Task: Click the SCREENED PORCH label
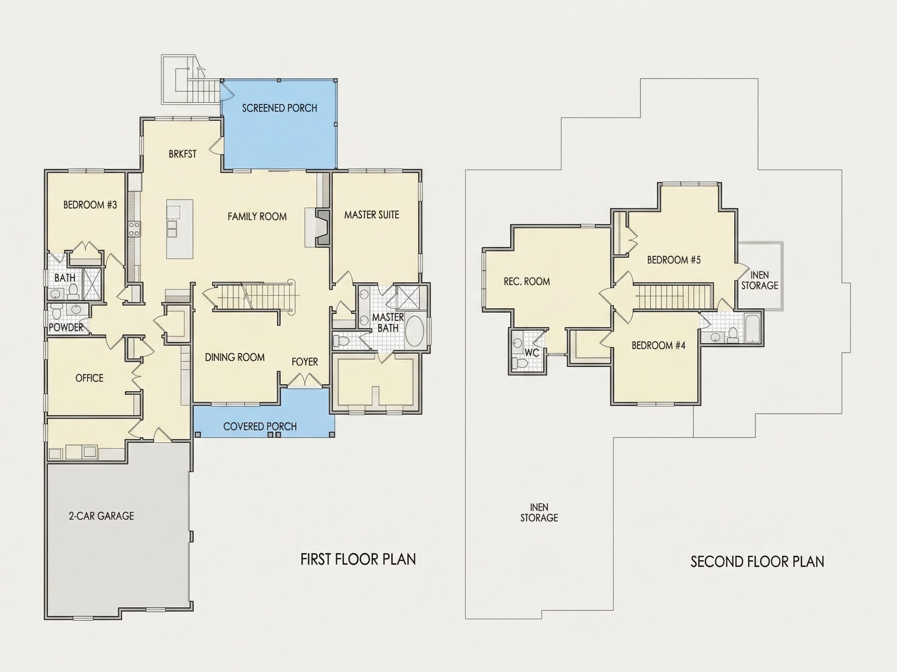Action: [x=280, y=108]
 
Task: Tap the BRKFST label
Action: [x=183, y=154]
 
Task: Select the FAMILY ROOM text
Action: [x=257, y=217]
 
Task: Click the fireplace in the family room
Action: [x=323, y=227]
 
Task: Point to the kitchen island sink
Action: [x=172, y=228]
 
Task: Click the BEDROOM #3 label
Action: [x=90, y=205]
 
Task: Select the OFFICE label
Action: [x=89, y=378]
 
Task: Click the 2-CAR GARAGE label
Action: [x=101, y=516]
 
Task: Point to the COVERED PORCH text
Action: [x=260, y=427]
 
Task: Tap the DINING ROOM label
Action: [x=235, y=357]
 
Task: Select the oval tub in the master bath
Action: [x=415, y=331]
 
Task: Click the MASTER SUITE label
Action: [x=372, y=215]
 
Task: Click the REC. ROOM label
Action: [x=527, y=282]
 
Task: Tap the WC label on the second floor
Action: [x=532, y=353]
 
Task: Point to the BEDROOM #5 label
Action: [x=674, y=260]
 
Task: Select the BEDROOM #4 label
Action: [x=659, y=345]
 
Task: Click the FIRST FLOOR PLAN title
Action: [x=358, y=559]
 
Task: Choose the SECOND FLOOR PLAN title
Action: [x=758, y=562]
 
